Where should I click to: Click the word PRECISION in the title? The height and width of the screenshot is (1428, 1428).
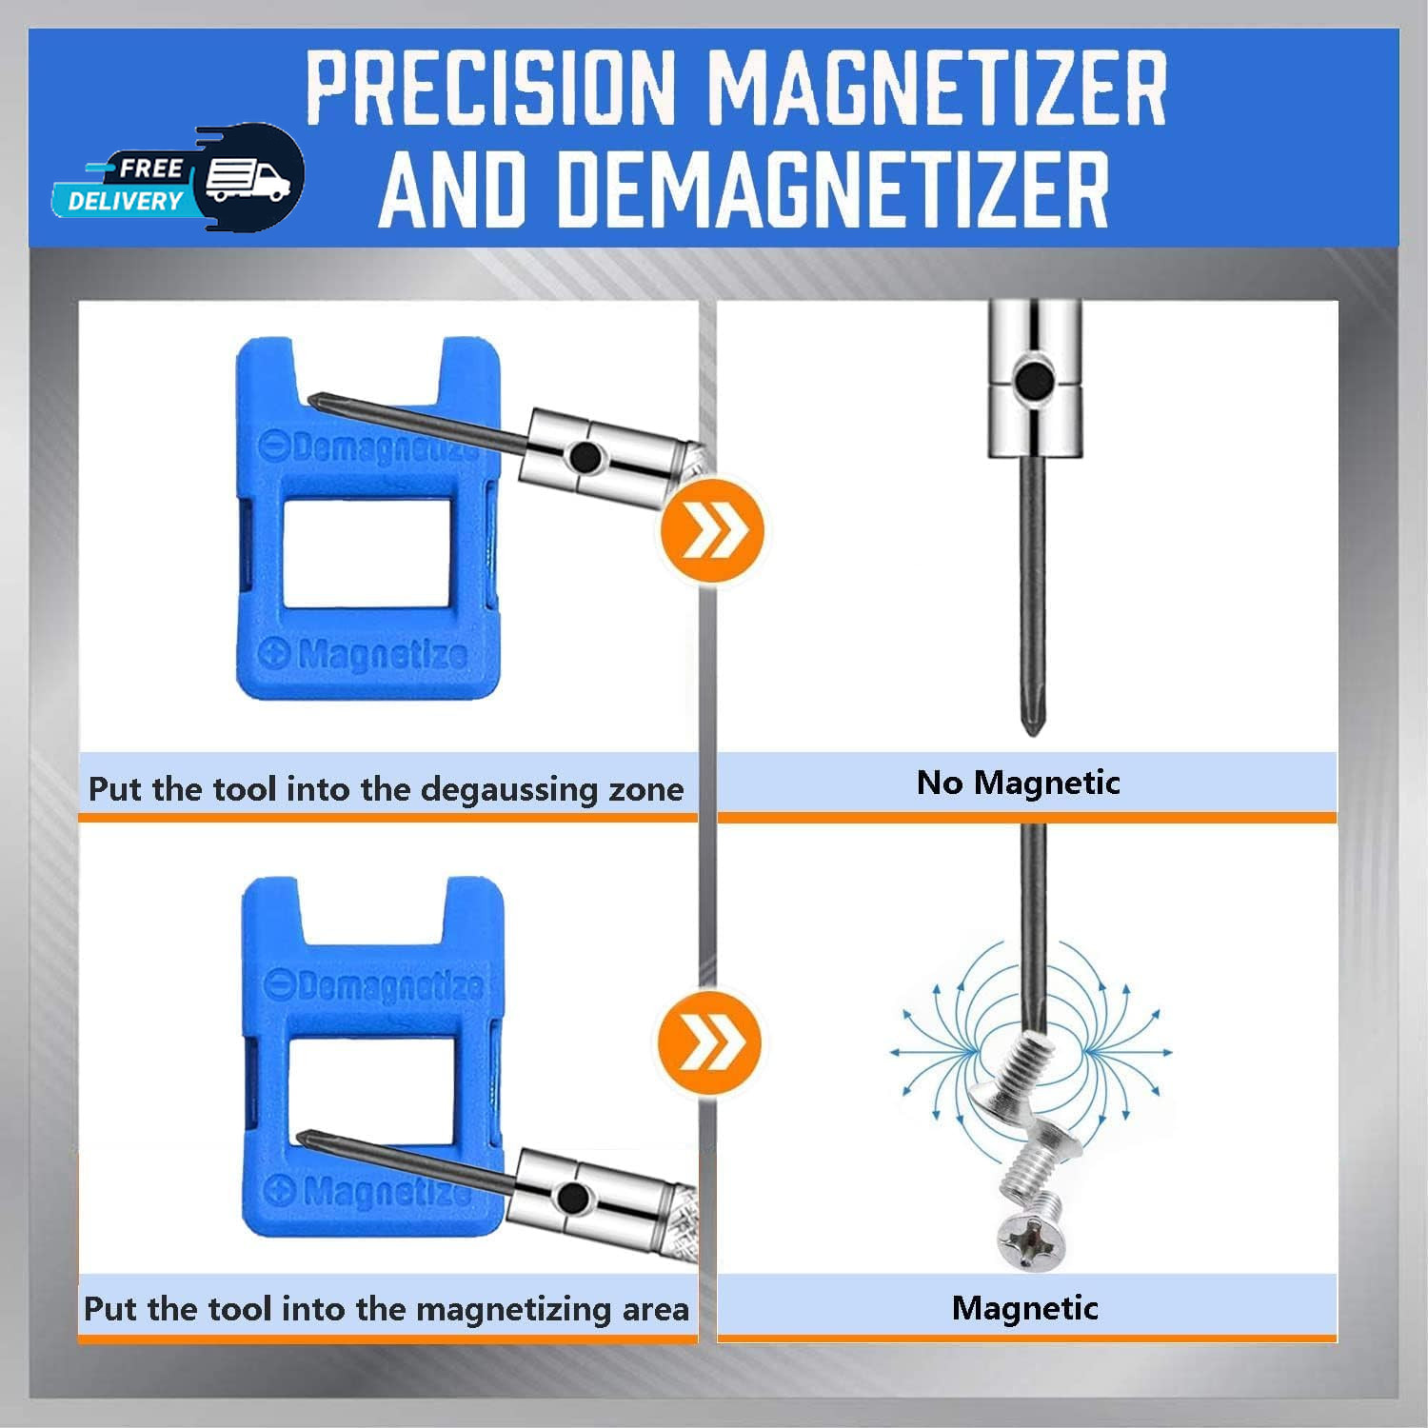coord(489,88)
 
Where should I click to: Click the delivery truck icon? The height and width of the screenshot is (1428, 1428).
coord(248,179)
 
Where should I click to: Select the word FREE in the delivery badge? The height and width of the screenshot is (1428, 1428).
coord(150,169)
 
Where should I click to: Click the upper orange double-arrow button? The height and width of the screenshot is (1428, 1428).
coord(712,530)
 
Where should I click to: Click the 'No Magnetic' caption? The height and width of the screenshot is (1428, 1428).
coord(1018,783)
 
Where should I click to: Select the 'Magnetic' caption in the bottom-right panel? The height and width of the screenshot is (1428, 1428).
coord(1025,1308)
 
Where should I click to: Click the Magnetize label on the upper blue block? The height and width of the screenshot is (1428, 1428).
coord(366,654)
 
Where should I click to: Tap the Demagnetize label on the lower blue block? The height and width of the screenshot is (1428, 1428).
coord(374,985)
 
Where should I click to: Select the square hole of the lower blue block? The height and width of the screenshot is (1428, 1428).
coord(371,1090)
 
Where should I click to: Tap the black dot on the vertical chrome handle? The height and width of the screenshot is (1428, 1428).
coord(1033,381)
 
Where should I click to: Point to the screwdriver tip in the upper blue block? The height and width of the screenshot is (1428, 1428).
coord(311,398)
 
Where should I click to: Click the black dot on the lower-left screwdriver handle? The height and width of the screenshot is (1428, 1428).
coord(572,1198)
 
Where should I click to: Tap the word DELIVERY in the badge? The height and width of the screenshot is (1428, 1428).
coord(125,201)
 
